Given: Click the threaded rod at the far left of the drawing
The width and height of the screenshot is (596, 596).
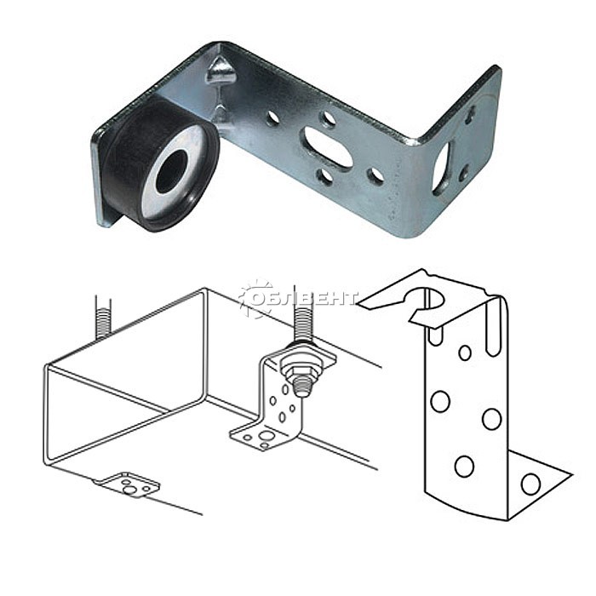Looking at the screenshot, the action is pyautogui.click(x=103, y=318).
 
